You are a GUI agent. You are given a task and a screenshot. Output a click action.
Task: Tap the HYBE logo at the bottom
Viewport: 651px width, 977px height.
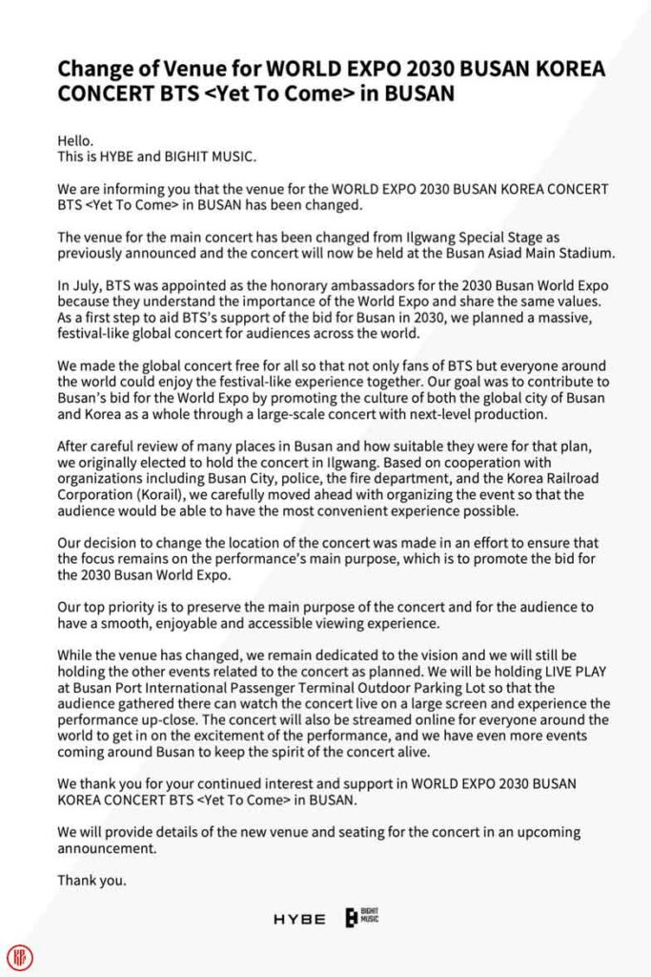299,920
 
